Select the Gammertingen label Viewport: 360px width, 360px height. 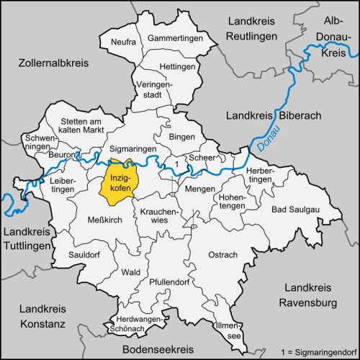pyautogui.click(x=172, y=37)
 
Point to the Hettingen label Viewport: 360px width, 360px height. pyautogui.click(x=177, y=67)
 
